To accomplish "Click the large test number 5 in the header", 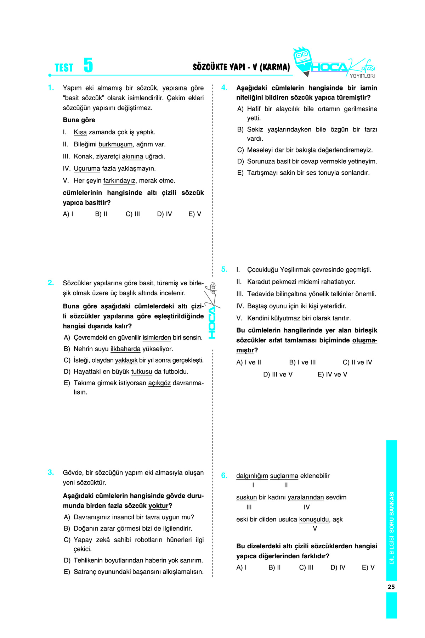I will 88,65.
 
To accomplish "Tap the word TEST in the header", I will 64,68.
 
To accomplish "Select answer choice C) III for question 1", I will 133,214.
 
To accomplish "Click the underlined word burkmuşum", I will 115,144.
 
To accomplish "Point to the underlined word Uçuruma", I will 87,168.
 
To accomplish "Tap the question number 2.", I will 51,282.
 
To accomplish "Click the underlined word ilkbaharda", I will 125,349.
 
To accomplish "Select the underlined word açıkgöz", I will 159,383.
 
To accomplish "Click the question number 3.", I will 51,472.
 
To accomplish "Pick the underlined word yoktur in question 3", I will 158,505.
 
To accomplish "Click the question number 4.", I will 224,88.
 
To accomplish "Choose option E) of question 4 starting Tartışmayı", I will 303,173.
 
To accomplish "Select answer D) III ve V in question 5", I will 278,374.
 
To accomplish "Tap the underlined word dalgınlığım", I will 252,476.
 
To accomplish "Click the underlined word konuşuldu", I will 314,519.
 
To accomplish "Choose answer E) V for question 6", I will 368,567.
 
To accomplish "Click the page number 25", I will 391,587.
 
